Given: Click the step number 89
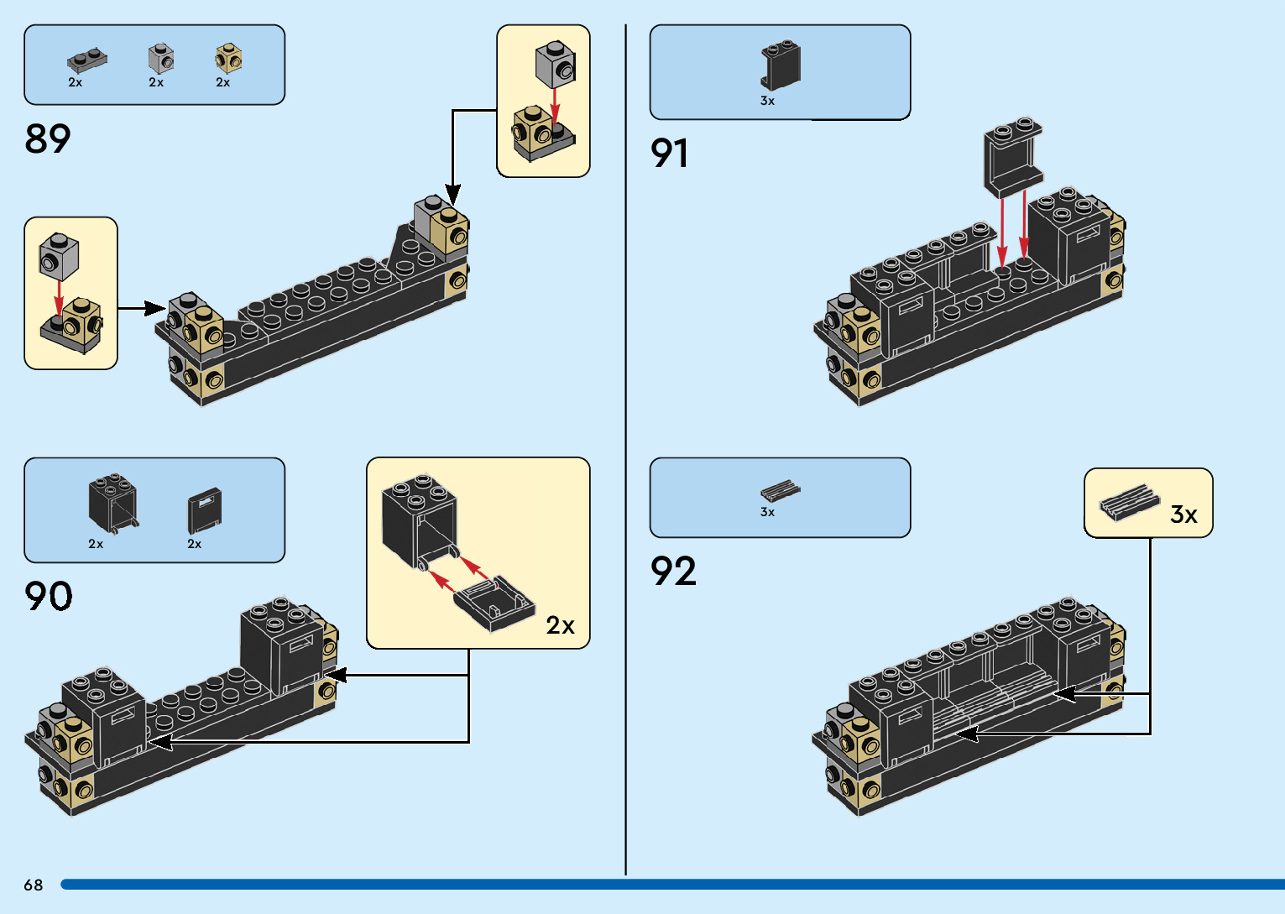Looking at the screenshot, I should click(48, 138).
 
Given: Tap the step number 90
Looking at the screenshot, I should click(49, 596).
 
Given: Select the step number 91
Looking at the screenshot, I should click(670, 154).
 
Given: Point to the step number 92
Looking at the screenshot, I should click(673, 572).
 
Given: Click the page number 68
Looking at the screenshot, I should click(34, 885).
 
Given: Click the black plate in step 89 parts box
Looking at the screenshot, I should click(86, 60).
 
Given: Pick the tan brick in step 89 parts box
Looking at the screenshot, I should click(227, 59).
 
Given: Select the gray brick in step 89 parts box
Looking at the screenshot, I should click(161, 59).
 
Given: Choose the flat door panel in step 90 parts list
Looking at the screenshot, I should click(204, 510).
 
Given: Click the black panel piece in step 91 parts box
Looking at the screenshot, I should click(781, 65).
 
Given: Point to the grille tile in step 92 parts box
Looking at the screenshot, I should click(780, 491).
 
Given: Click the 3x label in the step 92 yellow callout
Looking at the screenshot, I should click(1183, 514).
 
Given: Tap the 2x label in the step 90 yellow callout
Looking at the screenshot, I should click(560, 625).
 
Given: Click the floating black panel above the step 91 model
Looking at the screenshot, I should click(1013, 158).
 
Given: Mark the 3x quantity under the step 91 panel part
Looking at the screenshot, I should click(767, 101).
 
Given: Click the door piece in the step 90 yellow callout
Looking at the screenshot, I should click(494, 602).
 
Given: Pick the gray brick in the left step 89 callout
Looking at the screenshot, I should click(59, 255).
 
